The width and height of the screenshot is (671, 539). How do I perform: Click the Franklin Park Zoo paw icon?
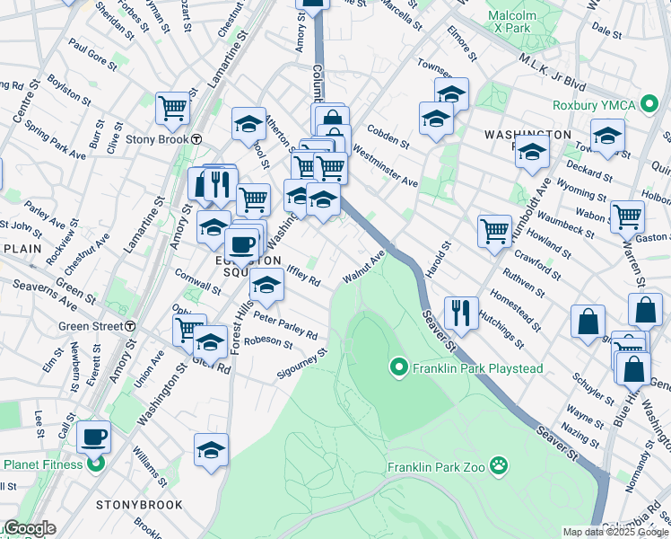(500, 466)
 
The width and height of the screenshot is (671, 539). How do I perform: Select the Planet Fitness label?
(42, 464)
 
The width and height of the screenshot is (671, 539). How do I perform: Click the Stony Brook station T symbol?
(196, 138)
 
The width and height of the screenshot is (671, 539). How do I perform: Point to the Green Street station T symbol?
(131, 325)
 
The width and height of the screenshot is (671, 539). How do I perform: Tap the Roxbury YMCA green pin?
(651, 104)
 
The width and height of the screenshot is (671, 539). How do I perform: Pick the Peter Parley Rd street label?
(286, 325)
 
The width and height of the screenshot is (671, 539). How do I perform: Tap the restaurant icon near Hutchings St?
(461, 312)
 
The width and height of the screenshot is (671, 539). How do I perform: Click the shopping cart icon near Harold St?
(494, 230)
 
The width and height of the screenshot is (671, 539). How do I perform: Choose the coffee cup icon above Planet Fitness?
(93, 437)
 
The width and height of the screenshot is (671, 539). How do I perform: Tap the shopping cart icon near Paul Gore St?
(172, 108)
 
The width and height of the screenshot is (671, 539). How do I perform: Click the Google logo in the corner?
(30, 529)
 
